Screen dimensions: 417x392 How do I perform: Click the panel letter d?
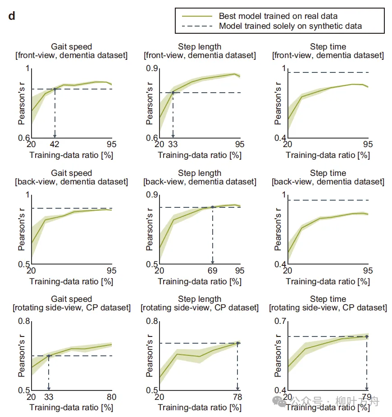12,17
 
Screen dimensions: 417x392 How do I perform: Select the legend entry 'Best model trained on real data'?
278,16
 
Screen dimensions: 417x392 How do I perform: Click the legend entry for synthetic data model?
290,26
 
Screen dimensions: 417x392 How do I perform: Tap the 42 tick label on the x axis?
55,144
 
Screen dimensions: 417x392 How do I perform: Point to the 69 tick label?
212,271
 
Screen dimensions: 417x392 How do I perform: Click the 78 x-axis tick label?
237,397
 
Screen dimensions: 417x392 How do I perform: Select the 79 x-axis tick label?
366,397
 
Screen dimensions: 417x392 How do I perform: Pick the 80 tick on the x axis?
111,397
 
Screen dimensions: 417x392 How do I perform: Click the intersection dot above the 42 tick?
55,89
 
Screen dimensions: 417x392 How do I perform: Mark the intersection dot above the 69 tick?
213,207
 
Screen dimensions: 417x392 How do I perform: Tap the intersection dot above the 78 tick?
238,343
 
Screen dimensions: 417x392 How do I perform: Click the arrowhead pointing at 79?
367,388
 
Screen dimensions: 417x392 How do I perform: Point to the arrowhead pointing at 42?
55,135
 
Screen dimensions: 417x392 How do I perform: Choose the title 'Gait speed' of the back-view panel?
71,173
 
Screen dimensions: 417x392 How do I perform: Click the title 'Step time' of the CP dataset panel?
328,299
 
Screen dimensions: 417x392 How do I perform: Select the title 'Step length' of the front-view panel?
200,47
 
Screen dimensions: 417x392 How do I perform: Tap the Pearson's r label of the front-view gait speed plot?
21,103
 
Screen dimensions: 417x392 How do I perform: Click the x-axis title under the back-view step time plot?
328,282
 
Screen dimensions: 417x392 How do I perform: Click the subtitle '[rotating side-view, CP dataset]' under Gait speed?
71,308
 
